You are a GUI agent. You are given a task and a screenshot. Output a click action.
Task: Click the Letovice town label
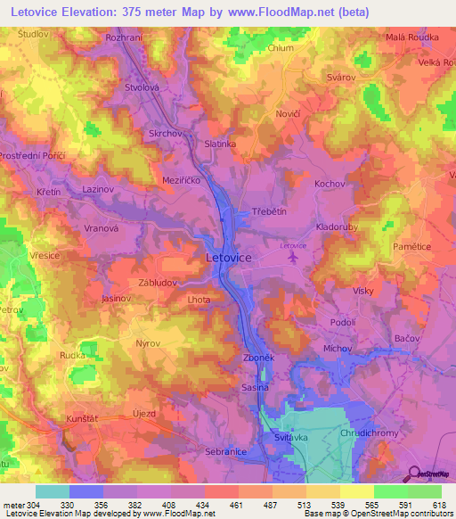coord(229,257)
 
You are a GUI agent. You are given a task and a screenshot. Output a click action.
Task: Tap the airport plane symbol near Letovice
coord(293,256)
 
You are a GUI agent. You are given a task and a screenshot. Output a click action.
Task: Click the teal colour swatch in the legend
coord(52,491)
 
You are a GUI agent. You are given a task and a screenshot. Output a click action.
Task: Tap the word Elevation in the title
coord(96,12)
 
